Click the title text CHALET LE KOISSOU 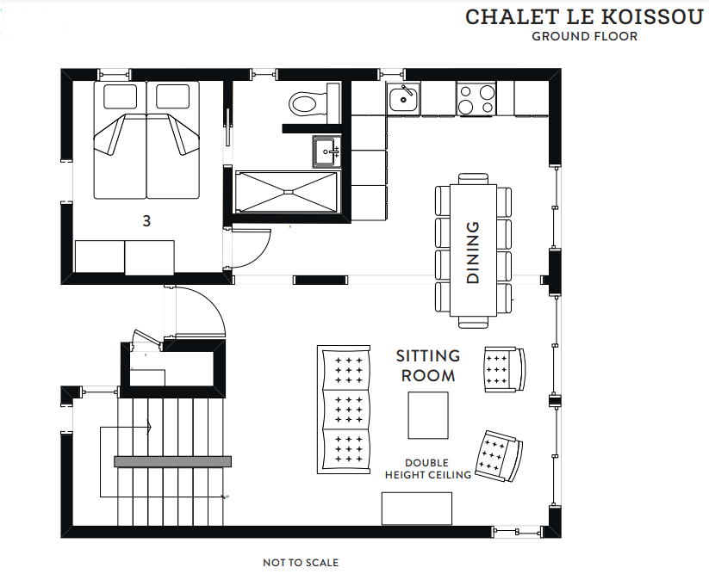[584, 17]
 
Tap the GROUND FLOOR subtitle [585, 36]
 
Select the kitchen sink [403, 99]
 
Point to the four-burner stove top [476, 99]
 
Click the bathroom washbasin [326, 151]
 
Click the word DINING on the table [472, 252]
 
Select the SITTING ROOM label [428, 366]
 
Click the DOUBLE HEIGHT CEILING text [428, 469]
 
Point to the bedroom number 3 [146, 221]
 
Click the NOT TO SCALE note [301, 563]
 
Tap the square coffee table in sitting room [428, 415]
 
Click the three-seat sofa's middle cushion [347, 410]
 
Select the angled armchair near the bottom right [498, 456]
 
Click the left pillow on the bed [121, 96]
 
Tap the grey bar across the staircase [173, 461]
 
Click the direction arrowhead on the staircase [149, 426]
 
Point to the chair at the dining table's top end [474, 179]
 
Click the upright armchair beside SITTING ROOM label [505, 369]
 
